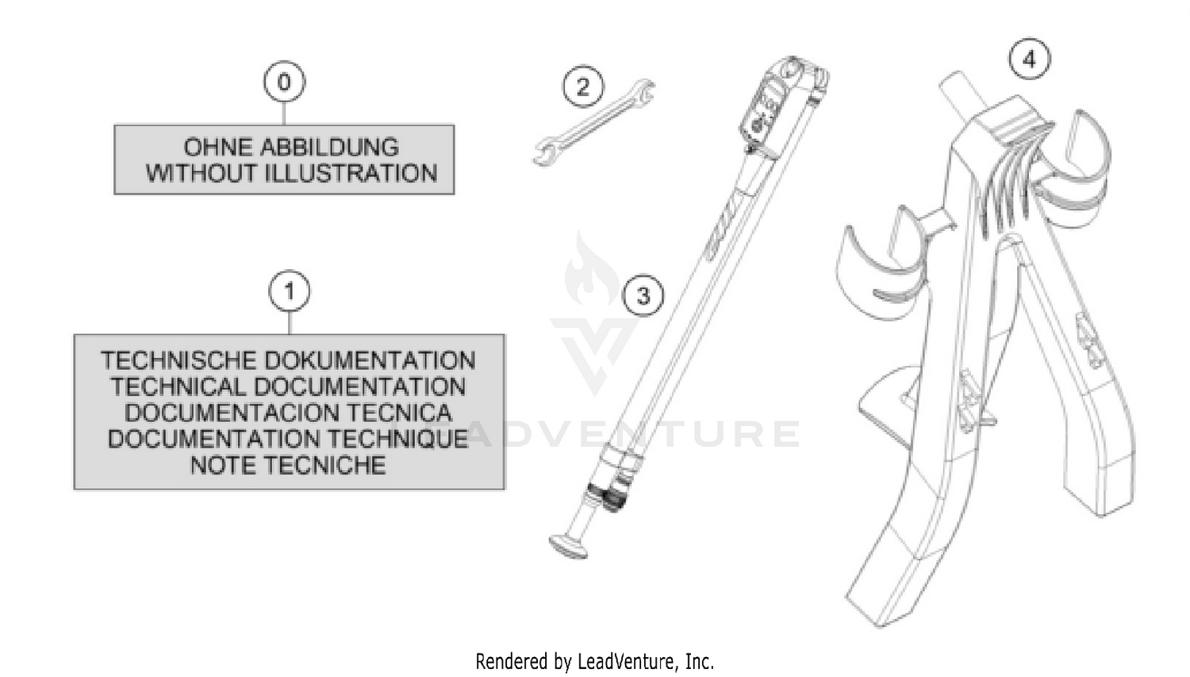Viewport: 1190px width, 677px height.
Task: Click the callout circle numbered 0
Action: (284, 81)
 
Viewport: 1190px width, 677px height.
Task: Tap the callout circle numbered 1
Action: (290, 291)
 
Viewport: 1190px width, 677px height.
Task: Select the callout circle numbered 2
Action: (583, 86)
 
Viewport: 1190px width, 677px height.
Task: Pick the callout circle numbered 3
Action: (643, 295)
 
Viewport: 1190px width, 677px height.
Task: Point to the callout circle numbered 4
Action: (1030, 59)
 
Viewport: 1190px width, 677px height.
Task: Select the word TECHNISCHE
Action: (178, 360)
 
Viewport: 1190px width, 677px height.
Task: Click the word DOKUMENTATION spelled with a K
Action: (370, 360)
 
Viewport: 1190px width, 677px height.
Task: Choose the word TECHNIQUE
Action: (398, 439)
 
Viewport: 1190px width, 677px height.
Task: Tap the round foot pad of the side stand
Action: (569, 547)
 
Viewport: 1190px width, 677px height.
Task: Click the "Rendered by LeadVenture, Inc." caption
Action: (594, 662)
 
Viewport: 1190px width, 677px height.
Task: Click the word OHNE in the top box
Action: (217, 147)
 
